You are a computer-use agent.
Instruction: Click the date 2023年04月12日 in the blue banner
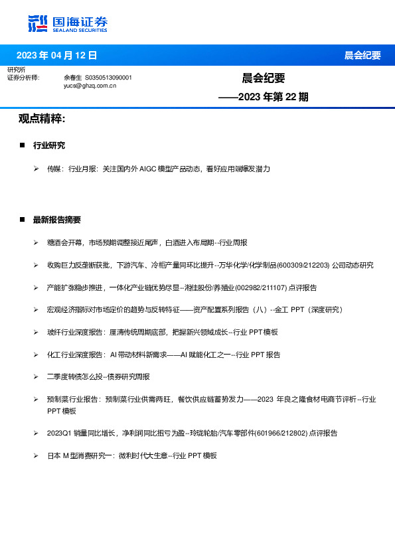(x=56, y=55)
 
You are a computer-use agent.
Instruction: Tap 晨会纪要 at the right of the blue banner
(x=362, y=55)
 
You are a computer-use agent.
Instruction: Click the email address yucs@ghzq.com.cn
(x=90, y=86)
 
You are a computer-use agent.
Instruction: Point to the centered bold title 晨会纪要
(x=264, y=78)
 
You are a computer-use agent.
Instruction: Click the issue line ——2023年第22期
(x=264, y=97)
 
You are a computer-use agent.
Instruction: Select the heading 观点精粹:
(x=42, y=119)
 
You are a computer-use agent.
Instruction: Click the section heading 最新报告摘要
(x=57, y=220)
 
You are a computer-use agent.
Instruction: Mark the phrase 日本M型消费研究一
(x=80, y=455)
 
